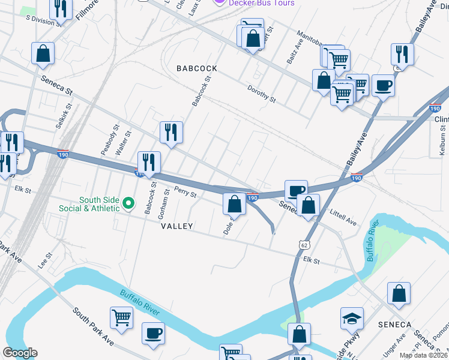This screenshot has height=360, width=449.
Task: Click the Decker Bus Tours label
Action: pyautogui.click(x=263, y=3)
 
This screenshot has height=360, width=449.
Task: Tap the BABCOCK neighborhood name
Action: pyautogui.click(x=197, y=69)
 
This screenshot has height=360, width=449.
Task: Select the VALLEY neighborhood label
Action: pyautogui.click(x=177, y=226)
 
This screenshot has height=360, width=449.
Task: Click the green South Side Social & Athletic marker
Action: pyautogui.click(x=128, y=204)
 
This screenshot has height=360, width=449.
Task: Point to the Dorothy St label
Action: pyautogui.click(x=261, y=93)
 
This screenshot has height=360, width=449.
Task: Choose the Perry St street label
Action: pyautogui.click(x=185, y=193)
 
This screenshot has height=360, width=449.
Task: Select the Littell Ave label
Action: pyautogui.click(x=343, y=218)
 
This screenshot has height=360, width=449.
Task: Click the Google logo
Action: pyautogui.click(x=20, y=353)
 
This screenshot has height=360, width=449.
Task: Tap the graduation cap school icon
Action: pyautogui.click(x=352, y=319)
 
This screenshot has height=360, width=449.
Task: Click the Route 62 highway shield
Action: pyautogui.click(x=304, y=245)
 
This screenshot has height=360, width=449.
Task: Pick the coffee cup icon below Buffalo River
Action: pyautogui.click(x=153, y=333)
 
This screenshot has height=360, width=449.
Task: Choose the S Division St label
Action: pyautogui.click(x=43, y=20)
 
